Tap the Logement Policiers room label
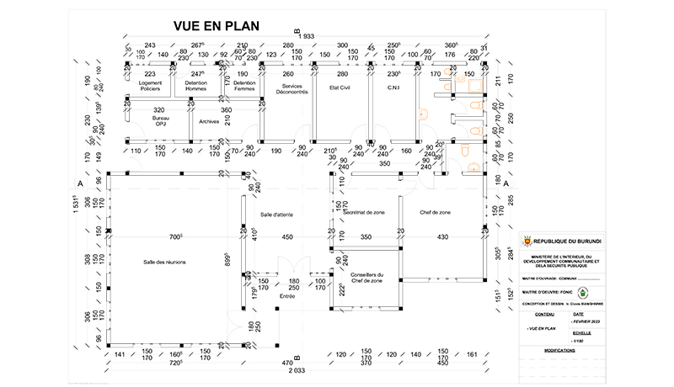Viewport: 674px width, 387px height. (151, 87)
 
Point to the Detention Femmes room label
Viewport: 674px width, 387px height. (244, 87)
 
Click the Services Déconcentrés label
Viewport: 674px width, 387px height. (292, 89)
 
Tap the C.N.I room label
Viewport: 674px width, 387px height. (393, 87)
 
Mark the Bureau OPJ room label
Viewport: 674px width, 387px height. (160, 123)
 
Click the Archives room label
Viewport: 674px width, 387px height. (209, 121)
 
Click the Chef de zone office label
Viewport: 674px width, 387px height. (435, 213)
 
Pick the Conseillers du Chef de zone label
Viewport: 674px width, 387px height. (366, 278)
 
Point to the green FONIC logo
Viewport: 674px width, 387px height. (582, 294)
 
